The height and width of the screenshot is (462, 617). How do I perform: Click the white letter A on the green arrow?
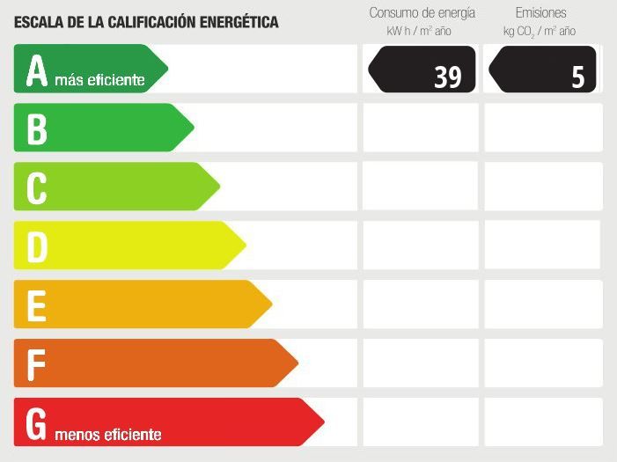tap(36, 70)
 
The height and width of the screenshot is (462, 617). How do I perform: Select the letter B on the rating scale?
tap(36, 128)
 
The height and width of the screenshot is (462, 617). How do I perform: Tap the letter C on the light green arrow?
tap(36, 187)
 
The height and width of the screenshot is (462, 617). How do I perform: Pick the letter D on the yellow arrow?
tap(36, 246)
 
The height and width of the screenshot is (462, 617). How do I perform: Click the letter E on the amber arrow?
tap(36, 305)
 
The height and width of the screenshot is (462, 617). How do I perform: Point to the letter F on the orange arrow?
tap(36, 363)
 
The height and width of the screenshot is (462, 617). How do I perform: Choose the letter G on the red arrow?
tap(36, 423)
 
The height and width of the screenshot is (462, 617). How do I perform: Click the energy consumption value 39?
tap(447, 77)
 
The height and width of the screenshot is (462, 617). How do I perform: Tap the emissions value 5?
tap(577, 77)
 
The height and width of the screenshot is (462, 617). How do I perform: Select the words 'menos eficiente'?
tap(108, 435)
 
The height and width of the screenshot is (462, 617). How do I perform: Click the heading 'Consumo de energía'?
tap(422, 13)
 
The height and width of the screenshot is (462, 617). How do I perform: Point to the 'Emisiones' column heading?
tap(540, 13)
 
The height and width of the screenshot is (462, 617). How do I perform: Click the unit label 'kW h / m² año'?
tap(419, 32)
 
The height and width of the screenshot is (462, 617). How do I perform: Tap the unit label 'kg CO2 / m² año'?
tap(540, 32)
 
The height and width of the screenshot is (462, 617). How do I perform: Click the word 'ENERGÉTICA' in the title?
tap(233, 22)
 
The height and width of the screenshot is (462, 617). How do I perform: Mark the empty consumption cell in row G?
tap(420, 422)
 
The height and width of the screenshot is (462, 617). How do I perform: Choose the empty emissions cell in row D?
tap(542, 245)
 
